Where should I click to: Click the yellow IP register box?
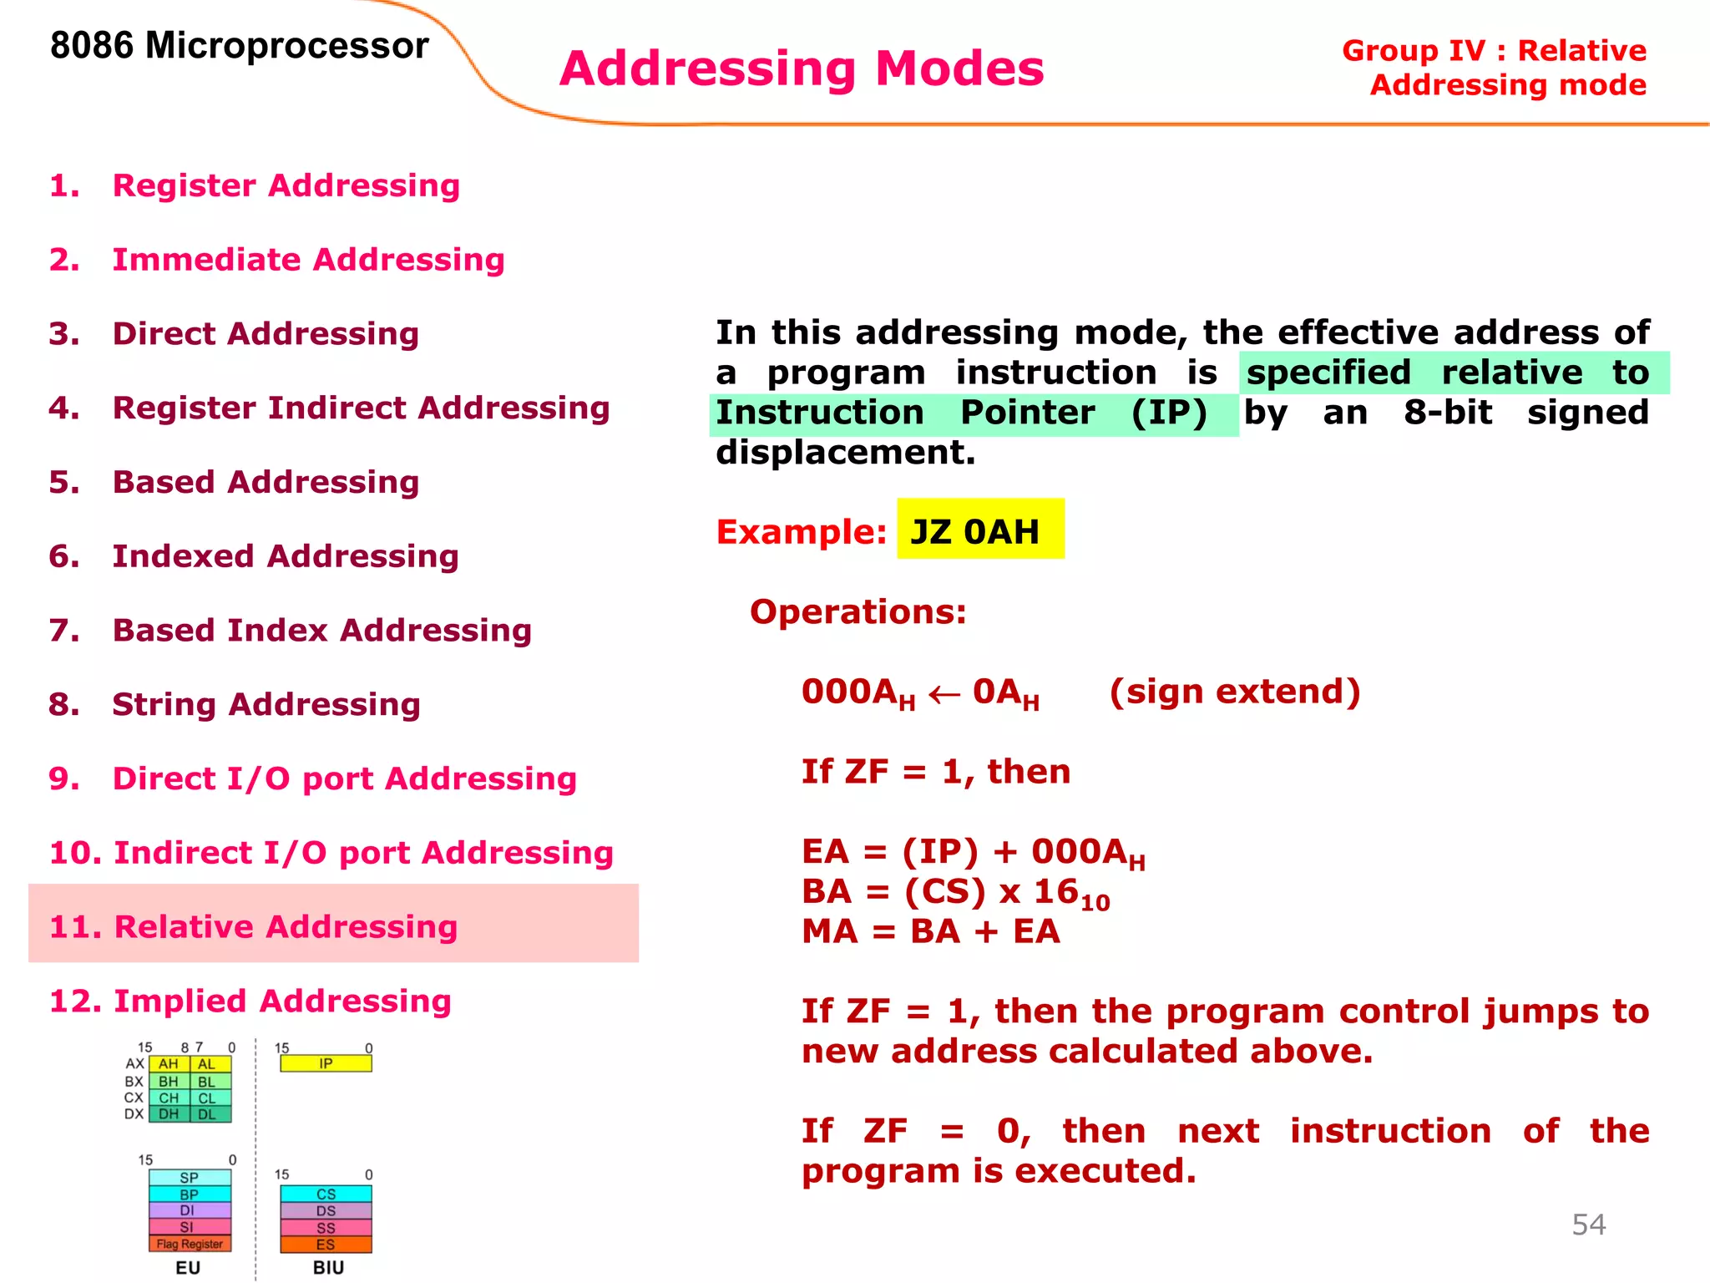click(x=326, y=1063)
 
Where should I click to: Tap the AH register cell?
click(x=169, y=1064)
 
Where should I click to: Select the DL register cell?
click(x=207, y=1114)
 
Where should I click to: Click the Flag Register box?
click(x=190, y=1244)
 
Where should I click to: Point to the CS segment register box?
click(x=326, y=1194)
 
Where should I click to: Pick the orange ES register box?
click(x=326, y=1245)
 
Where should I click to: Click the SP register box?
click(x=190, y=1178)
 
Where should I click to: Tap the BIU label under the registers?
click(x=328, y=1267)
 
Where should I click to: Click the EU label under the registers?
click(x=188, y=1267)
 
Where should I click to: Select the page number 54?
click(x=1588, y=1225)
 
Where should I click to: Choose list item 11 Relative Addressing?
click(x=254, y=926)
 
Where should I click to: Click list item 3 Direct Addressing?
click(x=265, y=333)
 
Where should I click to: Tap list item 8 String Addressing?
click(x=266, y=704)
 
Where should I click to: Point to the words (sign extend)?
click(x=1234, y=692)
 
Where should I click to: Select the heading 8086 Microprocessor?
click(x=239, y=45)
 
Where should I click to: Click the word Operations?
click(x=858, y=611)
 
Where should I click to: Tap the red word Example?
click(x=800, y=532)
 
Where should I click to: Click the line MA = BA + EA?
click(x=930, y=931)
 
